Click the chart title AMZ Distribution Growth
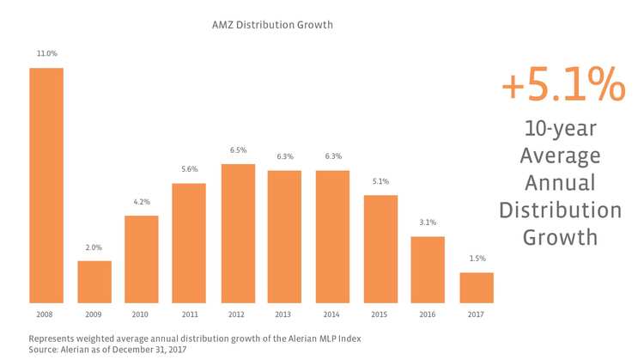pyautogui.click(x=271, y=25)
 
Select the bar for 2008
pyautogui.click(x=46, y=185)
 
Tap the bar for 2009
pyautogui.click(x=94, y=282)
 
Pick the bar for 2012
pyautogui.click(x=238, y=233)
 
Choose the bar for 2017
pyautogui.click(x=476, y=288)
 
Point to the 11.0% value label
pyautogui.click(x=46, y=53)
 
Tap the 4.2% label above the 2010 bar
pyautogui.click(x=142, y=202)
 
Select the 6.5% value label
pyautogui.click(x=238, y=150)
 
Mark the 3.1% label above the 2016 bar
pyautogui.click(x=428, y=223)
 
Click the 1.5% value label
pyautogui.click(x=476, y=259)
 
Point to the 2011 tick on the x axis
pyautogui.click(x=190, y=314)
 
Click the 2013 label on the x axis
pyautogui.click(x=285, y=314)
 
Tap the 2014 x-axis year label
pyautogui.click(x=332, y=314)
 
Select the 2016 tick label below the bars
pyautogui.click(x=428, y=314)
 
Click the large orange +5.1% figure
pyautogui.click(x=562, y=87)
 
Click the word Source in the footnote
pyautogui.click(x=46, y=350)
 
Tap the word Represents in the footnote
pyautogui.click(x=57, y=338)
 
